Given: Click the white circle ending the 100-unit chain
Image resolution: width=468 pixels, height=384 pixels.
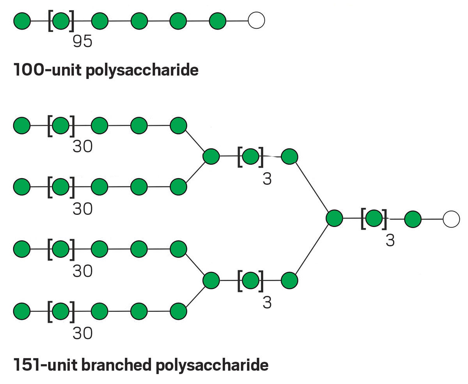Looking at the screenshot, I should click(x=256, y=21).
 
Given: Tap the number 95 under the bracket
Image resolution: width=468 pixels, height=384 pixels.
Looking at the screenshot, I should click(x=83, y=41).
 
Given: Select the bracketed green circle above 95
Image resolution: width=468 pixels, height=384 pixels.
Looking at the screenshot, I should click(x=61, y=21).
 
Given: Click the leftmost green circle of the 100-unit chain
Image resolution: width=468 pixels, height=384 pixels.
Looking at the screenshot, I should click(x=22, y=21).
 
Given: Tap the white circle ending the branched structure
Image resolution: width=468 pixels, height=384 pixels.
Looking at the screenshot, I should click(x=451, y=219).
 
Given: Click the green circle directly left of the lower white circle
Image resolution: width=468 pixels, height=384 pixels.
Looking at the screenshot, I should click(x=413, y=219).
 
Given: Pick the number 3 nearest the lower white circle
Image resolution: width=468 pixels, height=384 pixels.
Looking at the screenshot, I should click(x=390, y=241).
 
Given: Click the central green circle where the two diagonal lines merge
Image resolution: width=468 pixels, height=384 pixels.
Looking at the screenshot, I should click(x=334, y=218).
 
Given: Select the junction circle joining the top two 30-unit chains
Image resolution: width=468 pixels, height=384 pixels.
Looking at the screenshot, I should click(x=211, y=157).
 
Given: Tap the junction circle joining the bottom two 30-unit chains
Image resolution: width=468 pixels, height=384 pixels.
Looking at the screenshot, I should click(x=211, y=280).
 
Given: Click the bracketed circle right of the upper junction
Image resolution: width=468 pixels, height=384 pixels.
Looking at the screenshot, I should click(x=250, y=157).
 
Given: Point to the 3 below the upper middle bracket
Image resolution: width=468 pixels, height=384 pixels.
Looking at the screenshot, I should click(x=267, y=179).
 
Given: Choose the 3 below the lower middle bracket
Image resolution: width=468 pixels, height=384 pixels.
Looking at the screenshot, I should click(x=267, y=302).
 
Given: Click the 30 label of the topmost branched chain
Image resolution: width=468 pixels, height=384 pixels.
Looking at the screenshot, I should click(x=83, y=147).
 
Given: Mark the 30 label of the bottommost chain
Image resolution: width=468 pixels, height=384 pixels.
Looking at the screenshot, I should click(x=83, y=333).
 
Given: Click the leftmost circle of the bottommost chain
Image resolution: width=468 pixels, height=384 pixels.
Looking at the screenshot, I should click(x=22, y=311).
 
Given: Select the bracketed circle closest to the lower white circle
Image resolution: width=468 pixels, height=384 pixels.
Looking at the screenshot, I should click(x=374, y=219).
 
